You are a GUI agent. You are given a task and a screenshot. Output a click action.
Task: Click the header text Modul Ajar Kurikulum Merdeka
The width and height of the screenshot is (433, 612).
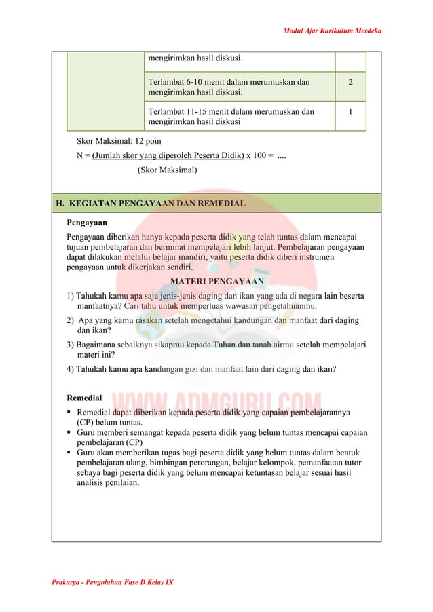(332, 31)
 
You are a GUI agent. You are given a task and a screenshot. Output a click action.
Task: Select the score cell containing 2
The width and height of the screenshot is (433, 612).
(350, 82)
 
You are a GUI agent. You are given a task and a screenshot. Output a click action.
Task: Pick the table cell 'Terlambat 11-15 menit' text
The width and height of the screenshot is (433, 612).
(231, 116)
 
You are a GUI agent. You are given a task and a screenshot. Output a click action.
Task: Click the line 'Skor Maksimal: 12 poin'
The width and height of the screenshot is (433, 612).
(119, 141)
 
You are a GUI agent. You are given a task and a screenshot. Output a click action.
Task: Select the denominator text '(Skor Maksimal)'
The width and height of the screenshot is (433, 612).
(167, 170)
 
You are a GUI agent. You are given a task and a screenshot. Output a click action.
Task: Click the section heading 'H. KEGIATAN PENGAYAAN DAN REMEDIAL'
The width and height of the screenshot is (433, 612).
(151, 203)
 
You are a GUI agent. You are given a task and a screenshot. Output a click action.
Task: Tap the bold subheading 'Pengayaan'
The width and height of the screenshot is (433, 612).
(86, 222)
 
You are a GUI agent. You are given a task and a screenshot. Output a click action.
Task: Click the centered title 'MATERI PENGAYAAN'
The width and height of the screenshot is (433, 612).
(216, 281)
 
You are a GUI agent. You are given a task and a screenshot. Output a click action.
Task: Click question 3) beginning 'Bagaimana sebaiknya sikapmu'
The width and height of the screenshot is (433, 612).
(216, 349)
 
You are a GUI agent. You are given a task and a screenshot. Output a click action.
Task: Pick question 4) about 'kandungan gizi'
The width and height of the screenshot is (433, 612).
(201, 369)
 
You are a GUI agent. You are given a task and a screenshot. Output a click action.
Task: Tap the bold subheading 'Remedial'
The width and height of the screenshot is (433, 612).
(84, 398)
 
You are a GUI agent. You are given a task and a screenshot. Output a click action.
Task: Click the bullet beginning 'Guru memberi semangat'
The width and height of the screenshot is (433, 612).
(221, 437)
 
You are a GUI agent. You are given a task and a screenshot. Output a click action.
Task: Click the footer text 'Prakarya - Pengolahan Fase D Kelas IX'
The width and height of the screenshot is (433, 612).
(113, 582)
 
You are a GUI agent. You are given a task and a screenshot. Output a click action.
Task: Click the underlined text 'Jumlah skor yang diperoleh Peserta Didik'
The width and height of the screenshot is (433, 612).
(168, 155)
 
